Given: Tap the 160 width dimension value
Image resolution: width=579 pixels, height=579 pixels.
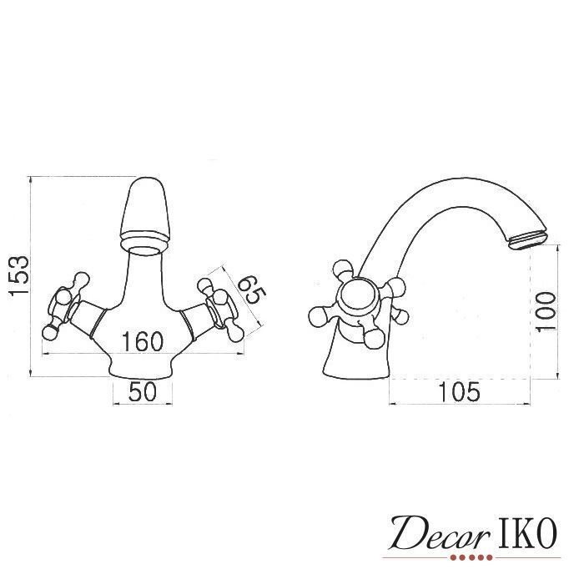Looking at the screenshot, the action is click(x=142, y=341).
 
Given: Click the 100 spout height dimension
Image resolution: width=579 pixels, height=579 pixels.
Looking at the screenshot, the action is click(x=546, y=312).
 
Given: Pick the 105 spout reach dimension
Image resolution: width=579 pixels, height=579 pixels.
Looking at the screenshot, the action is click(x=460, y=392).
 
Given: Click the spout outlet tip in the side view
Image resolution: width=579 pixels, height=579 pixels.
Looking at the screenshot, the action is click(x=526, y=241).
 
